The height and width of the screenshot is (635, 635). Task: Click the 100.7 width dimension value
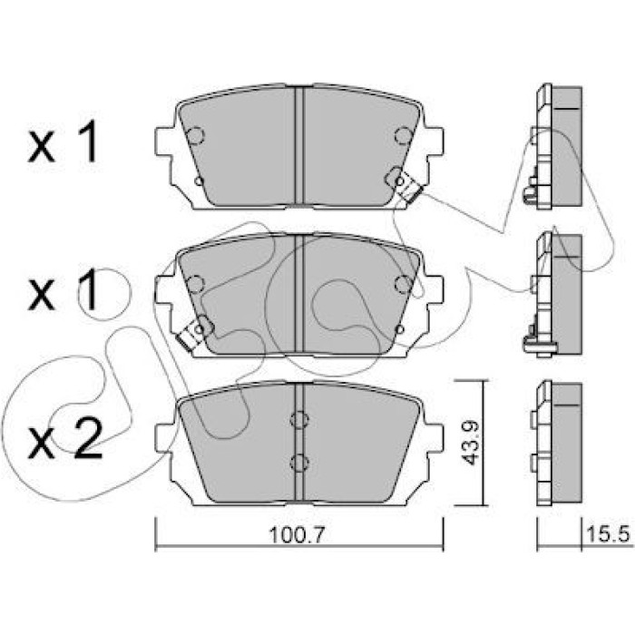[x=297, y=535]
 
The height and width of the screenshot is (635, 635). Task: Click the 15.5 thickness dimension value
[x=608, y=535]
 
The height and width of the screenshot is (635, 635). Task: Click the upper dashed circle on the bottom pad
[x=299, y=419]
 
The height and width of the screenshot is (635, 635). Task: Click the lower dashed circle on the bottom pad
[x=299, y=463]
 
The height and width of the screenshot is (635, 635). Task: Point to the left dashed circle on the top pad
[x=196, y=135]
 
